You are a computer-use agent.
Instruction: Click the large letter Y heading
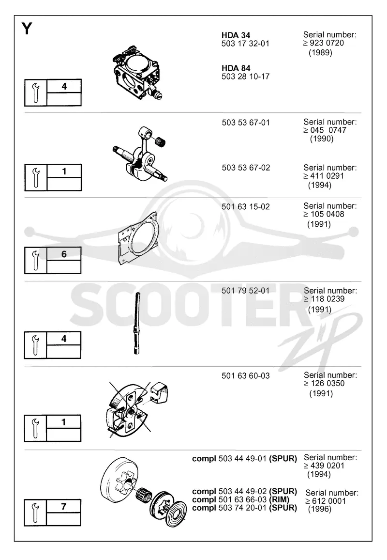27,28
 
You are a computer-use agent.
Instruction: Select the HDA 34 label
236,35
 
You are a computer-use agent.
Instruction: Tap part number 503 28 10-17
245,77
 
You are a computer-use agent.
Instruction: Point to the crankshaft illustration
140,154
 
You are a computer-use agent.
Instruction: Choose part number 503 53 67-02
246,168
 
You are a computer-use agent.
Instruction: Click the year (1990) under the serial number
322,139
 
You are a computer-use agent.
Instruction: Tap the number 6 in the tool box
64,254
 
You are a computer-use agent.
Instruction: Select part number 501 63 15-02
245,206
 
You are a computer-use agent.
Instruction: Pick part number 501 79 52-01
245,291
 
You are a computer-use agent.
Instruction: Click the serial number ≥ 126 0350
324,384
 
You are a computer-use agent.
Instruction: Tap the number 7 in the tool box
63,506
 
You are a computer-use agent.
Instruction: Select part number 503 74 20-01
242,508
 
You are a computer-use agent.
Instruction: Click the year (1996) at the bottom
320,509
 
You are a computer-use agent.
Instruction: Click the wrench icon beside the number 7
35,513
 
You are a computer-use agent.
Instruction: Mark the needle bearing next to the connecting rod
160,140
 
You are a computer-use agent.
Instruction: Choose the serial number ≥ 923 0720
324,43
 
